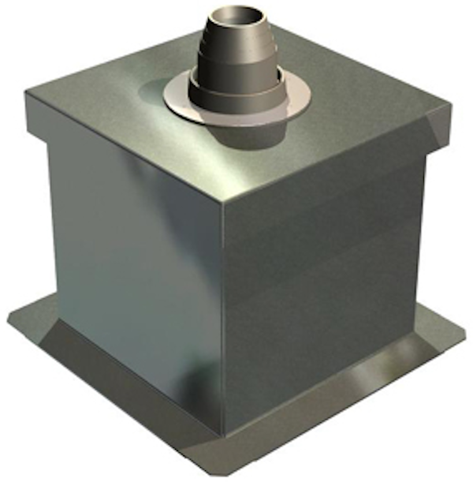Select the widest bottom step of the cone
coord(236,101)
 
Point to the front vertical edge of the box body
coord(222,316)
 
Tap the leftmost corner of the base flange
coord(9,323)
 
